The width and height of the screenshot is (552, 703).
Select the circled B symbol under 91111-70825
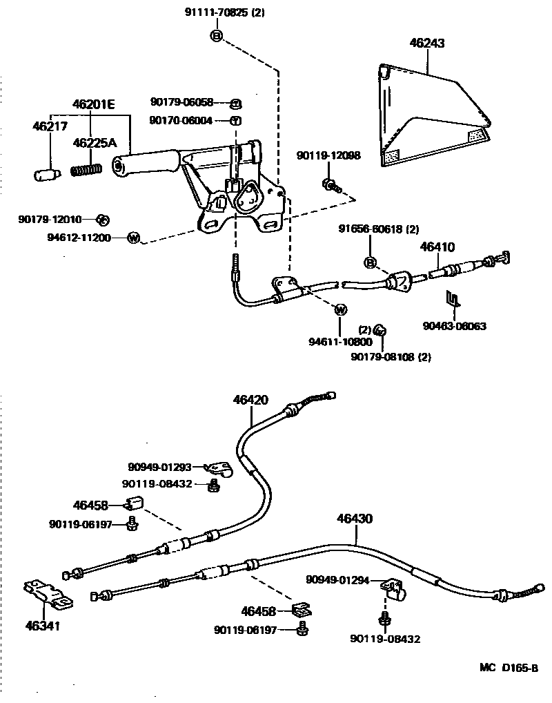pyautogui.click(x=216, y=36)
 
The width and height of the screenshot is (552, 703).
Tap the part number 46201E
pyautogui.click(x=93, y=104)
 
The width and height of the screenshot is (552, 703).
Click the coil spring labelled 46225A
pyautogui.click(x=87, y=168)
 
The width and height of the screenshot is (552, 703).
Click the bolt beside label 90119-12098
pyautogui.click(x=330, y=184)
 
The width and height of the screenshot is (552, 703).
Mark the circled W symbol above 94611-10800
pyautogui.click(x=340, y=310)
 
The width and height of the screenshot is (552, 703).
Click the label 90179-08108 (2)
pyautogui.click(x=391, y=356)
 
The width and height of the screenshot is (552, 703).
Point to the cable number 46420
pyautogui.click(x=250, y=400)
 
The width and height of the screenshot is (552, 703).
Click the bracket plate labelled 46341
pyautogui.click(x=46, y=593)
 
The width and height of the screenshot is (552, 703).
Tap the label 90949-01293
pyautogui.click(x=159, y=468)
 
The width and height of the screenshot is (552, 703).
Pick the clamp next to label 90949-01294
pyautogui.click(x=394, y=589)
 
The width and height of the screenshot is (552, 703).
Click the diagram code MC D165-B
pyautogui.click(x=509, y=668)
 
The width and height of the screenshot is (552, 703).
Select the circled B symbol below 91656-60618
pyautogui.click(x=370, y=262)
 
